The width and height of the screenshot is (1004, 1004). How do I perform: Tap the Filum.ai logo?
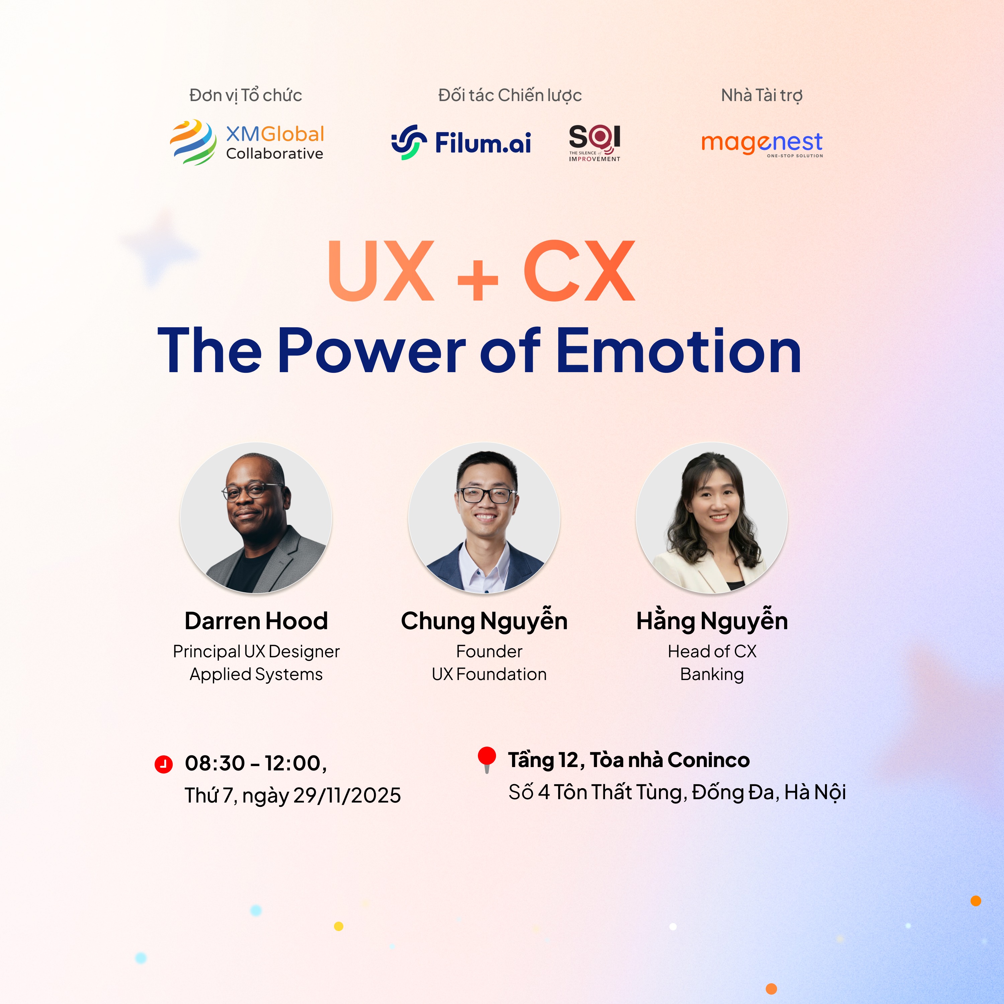click(x=461, y=142)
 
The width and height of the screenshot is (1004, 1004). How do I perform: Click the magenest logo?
click(x=762, y=144)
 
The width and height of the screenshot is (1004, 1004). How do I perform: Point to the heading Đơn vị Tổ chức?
click(x=246, y=96)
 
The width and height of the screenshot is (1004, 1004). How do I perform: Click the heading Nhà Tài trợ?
click(x=762, y=96)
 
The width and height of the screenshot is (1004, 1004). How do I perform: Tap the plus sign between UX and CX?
click(x=478, y=279)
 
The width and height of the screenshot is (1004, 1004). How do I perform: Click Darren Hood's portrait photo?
click(x=256, y=518)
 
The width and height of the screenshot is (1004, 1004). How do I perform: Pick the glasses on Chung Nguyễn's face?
click(x=486, y=495)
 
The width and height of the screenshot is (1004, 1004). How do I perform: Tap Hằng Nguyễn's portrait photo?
click(x=712, y=518)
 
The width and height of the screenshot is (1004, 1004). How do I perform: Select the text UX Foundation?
click(x=489, y=674)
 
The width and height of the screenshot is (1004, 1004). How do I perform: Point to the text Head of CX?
click(x=712, y=651)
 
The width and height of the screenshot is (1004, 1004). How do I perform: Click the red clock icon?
click(x=163, y=764)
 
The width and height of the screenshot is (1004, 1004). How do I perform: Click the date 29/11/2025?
click(x=347, y=795)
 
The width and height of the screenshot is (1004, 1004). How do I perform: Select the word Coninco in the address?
click(x=709, y=760)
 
